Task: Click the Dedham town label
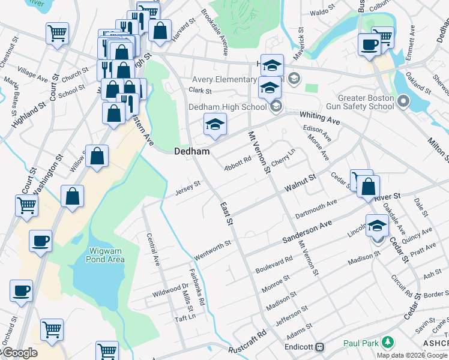[192, 152]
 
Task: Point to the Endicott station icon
[320, 347]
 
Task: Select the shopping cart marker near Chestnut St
[57, 32]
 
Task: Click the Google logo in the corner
[20, 353]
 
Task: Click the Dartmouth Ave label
[316, 210]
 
